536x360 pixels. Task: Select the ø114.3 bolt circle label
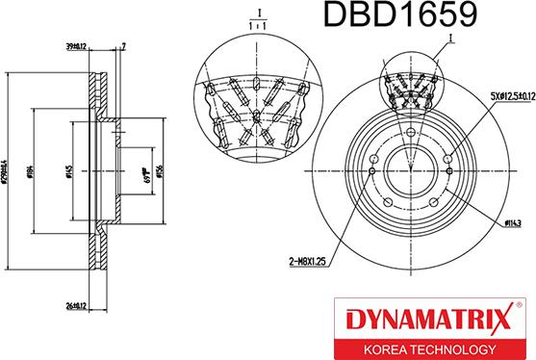point(512,223)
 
